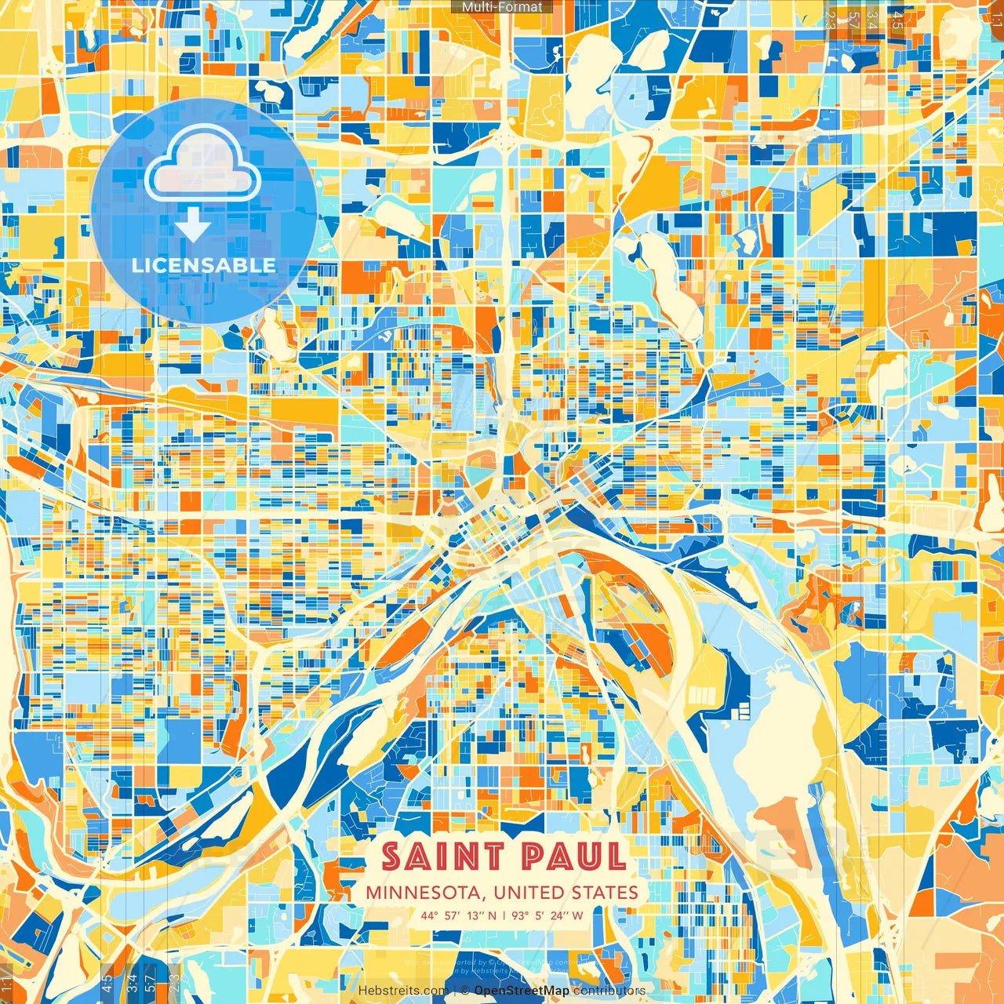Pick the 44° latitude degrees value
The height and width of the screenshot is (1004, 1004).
pyautogui.click(x=429, y=915)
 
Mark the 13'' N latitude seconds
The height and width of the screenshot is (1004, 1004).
pyautogui.click(x=482, y=915)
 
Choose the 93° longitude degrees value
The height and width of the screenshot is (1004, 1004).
pyautogui.click(x=520, y=915)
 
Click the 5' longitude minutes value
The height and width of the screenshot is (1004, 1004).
pyautogui.click(x=541, y=915)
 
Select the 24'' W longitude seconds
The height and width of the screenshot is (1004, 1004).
pyautogui.click(x=567, y=915)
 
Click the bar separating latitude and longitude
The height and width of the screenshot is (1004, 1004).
pyautogui.click(x=504, y=915)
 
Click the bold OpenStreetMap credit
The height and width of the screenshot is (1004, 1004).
pyautogui.click(x=522, y=991)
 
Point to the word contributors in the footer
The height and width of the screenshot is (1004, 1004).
pyautogui.click(x=609, y=991)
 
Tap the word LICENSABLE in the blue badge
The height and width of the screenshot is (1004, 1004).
pyautogui.click(x=204, y=265)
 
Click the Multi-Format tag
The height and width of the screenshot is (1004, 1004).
pyautogui.click(x=502, y=7)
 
